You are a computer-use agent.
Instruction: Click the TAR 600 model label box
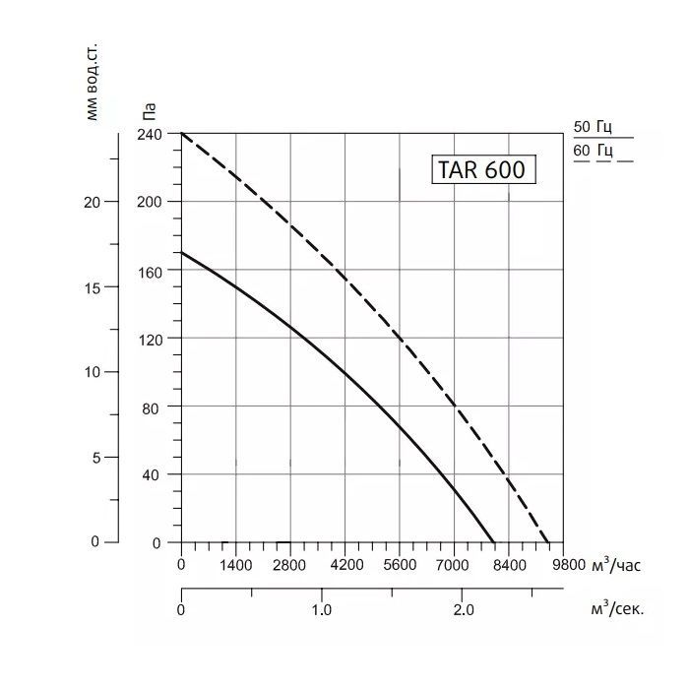[x=481, y=169]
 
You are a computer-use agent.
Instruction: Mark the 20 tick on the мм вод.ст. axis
[x=94, y=202]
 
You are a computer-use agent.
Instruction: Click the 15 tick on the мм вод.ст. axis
[x=94, y=287]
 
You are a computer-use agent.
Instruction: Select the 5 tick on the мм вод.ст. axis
[x=97, y=458]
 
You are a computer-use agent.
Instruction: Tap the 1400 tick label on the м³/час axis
[x=236, y=566]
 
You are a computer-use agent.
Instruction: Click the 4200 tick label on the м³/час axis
[x=346, y=566]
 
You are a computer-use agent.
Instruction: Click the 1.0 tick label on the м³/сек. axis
[x=322, y=609]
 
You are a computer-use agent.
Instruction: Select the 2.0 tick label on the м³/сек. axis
[x=462, y=609]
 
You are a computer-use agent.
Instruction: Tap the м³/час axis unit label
[x=616, y=566]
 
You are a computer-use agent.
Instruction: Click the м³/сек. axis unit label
[x=617, y=609]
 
